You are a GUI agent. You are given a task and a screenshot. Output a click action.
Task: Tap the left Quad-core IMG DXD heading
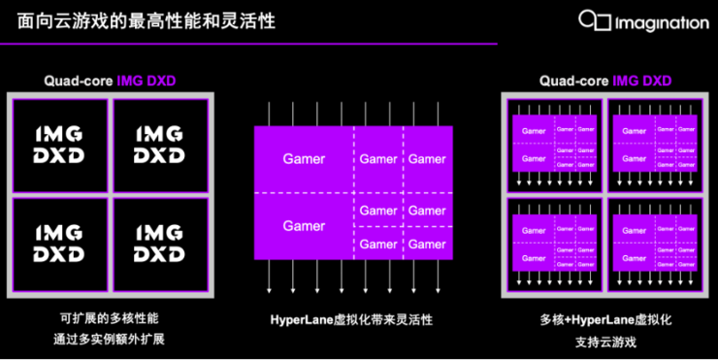(109, 81)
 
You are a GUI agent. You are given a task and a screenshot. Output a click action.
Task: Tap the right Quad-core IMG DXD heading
(605, 81)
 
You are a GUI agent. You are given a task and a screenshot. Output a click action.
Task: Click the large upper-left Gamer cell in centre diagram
(303, 158)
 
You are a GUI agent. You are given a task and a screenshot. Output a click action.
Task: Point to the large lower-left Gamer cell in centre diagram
(303, 226)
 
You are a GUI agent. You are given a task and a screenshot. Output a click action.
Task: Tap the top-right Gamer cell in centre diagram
(427, 158)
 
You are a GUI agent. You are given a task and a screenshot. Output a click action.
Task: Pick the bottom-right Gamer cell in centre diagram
(427, 245)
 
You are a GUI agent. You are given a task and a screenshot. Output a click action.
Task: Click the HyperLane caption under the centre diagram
(351, 320)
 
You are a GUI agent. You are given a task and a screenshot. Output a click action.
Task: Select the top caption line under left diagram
(109, 318)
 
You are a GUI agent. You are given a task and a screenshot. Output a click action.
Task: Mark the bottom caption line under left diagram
(109, 340)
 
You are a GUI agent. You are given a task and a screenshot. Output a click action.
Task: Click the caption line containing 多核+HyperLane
(605, 318)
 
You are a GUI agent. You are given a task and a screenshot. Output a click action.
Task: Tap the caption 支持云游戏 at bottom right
(605, 340)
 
